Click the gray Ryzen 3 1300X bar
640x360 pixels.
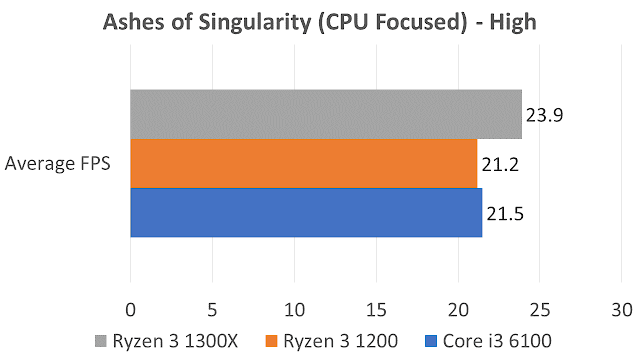[326, 114]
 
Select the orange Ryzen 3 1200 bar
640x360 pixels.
[304, 163]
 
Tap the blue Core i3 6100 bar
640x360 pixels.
[306, 212]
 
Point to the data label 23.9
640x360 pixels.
[544, 115]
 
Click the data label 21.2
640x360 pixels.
[500, 164]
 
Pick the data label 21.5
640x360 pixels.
[505, 214]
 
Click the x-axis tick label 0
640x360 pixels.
[131, 310]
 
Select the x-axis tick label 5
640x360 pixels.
[212, 310]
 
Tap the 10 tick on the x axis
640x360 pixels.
[294, 310]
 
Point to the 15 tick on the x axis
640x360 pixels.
[376, 310]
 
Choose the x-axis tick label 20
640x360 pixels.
[458, 310]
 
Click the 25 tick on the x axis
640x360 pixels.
[540, 310]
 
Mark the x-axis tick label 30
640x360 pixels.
[622, 310]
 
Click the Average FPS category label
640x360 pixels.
[58, 163]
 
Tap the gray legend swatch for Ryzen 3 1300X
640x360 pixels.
[100, 341]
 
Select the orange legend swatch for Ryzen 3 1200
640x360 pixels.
[271, 341]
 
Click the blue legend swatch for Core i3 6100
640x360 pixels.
[431, 341]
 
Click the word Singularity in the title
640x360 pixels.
[255, 23]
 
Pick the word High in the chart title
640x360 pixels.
[513, 23]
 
